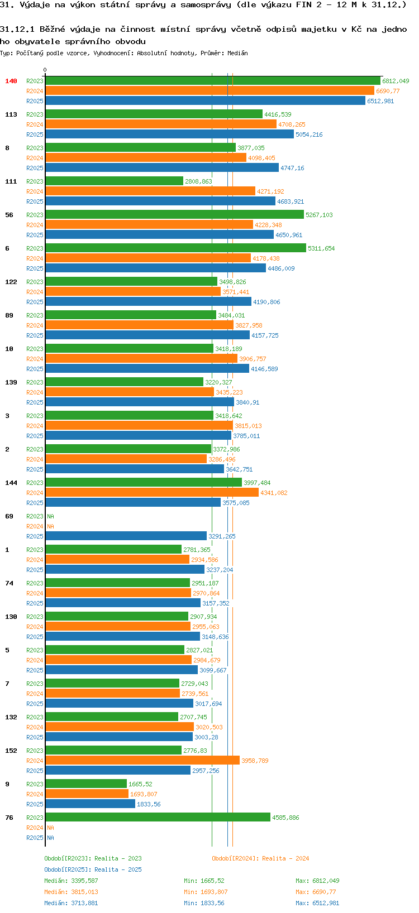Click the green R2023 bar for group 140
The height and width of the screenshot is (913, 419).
(212, 81)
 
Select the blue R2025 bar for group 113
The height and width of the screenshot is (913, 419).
(169, 134)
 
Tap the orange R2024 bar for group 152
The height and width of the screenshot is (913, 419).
(142, 760)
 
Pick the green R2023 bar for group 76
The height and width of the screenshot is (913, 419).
(158, 817)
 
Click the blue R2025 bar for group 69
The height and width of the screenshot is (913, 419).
(126, 536)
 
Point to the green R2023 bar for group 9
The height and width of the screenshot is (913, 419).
(86, 784)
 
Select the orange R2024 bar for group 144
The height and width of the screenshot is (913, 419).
(152, 492)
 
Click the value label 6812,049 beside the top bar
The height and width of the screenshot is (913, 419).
(396, 81)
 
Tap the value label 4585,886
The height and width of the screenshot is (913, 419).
(285, 818)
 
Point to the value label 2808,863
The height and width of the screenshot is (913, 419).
(198, 181)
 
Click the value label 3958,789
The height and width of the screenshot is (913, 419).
(255, 761)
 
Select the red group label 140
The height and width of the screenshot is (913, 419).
(11, 81)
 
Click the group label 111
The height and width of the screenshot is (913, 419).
(11, 181)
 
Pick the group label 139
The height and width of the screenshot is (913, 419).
(11, 382)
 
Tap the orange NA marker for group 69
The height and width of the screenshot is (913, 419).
(51, 526)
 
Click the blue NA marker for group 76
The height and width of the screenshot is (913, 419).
(51, 838)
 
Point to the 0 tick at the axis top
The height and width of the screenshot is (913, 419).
(45, 70)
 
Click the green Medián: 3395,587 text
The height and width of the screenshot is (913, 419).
(71, 881)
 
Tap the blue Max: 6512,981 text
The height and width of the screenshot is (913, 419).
(317, 903)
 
